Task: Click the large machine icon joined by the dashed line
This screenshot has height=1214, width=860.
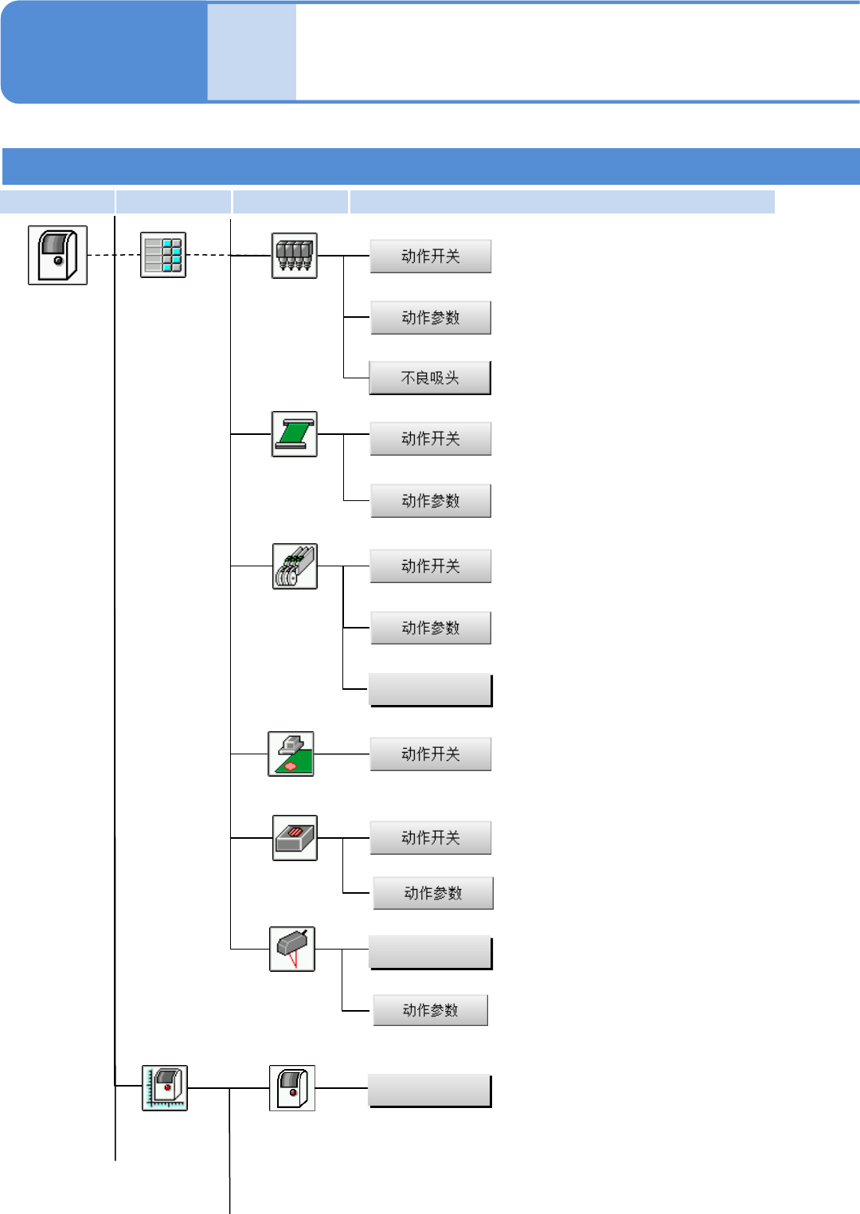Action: [57, 255]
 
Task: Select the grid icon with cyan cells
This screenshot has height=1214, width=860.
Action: [163, 255]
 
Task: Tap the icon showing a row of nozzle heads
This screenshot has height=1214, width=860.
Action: [295, 255]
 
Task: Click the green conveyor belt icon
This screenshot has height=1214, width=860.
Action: [295, 434]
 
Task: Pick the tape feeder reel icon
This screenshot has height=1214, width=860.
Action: [295, 566]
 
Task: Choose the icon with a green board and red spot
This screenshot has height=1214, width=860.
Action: [291, 754]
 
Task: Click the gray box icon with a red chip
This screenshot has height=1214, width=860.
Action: [295, 838]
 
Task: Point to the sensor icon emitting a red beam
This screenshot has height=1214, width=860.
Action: [292, 949]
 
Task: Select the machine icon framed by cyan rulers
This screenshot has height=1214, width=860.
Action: [165, 1087]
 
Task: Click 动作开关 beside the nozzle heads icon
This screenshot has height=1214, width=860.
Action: [431, 257]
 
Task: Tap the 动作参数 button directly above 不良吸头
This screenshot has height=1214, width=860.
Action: [431, 318]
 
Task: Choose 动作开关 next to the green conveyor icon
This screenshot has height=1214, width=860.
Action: [431, 439]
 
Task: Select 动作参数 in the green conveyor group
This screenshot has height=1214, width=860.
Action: [431, 501]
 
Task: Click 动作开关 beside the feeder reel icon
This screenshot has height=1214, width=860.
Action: [431, 566]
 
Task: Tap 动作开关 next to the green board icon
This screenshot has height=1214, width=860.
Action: [431, 754]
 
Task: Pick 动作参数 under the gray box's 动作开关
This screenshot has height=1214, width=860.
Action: [433, 893]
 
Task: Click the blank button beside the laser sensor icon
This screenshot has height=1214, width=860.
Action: [431, 953]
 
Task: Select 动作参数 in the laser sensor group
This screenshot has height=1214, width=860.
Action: [431, 1010]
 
